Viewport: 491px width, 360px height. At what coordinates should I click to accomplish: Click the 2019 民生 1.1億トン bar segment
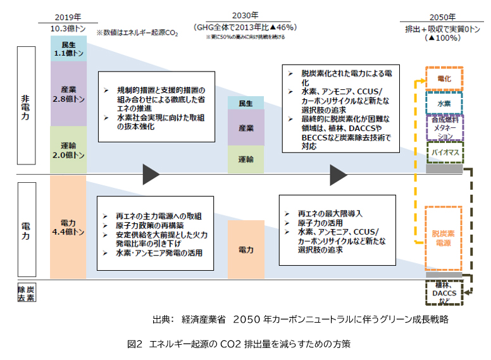[x=68, y=49]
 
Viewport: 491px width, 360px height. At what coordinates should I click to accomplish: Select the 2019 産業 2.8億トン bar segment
[x=68, y=94]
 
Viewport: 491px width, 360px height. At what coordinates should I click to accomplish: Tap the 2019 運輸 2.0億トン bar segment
[x=68, y=149]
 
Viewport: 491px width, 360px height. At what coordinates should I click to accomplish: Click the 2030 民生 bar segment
[x=246, y=103]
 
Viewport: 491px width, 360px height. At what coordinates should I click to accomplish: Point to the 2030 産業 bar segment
[x=246, y=127]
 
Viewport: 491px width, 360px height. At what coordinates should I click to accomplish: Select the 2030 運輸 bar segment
[x=246, y=159]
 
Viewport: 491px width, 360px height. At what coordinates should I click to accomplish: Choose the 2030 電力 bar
[x=246, y=249]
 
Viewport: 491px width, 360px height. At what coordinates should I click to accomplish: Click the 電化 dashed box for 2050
[x=444, y=78]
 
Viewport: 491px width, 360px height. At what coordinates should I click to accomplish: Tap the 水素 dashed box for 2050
[x=444, y=102]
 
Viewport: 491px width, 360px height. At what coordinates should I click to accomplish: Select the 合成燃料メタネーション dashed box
[x=444, y=127]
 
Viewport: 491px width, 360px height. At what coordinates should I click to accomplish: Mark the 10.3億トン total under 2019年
[x=68, y=28]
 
